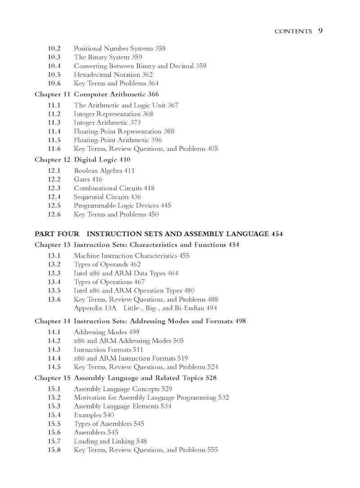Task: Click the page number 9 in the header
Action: click(x=320, y=31)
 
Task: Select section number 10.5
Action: click(x=54, y=75)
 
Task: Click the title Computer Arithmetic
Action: click(x=109, y=94)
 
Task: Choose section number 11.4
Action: click(x=54, y=131)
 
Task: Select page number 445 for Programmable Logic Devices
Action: click(x=166, y=206)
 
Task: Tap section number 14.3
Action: click(x=54, y=349)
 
